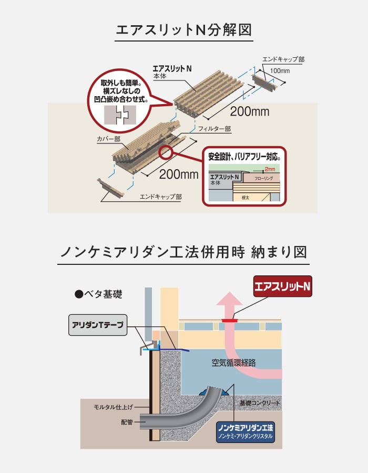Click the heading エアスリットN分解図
point(183,30)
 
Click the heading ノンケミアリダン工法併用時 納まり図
point(183,252)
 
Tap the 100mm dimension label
point(280,70)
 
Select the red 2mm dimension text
point(270,169)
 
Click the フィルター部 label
point(214,129)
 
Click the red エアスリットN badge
point(283,286)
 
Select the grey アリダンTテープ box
point(98,325)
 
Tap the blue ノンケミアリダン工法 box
point(245,432)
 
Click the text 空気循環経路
point(233,363)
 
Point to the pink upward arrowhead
point(230,299)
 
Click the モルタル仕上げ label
point(113,407)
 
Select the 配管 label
point(127,422)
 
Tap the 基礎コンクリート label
point(260,403)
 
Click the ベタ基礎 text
point(99,294)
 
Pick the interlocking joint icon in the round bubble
point(120,115)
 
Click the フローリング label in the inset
point(263,178)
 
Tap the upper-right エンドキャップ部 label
point(283,59)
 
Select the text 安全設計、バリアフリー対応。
point(244,157)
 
